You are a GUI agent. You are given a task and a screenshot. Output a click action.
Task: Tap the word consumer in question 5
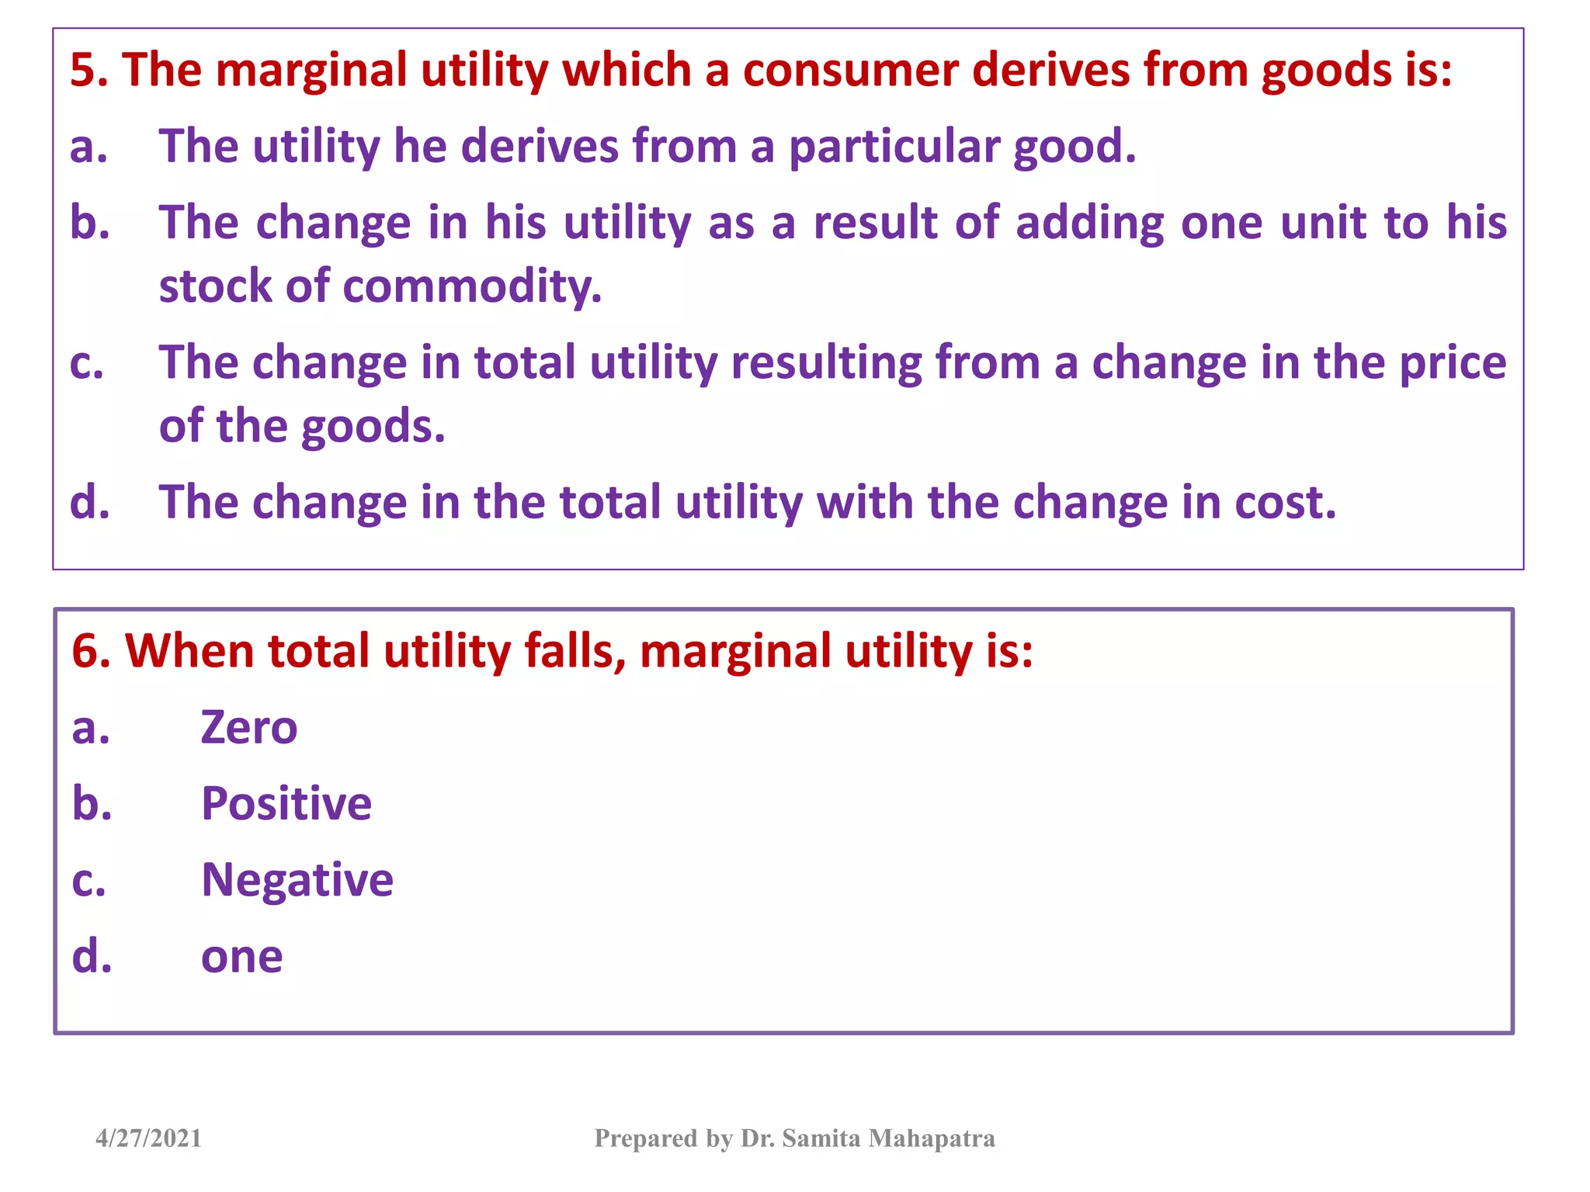point(850,70)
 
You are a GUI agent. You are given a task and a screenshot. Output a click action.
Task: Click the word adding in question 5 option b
point(1090,223)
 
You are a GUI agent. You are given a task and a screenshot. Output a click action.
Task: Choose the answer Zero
point(248,728)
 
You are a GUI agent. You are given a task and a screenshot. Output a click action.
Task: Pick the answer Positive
point(286,804)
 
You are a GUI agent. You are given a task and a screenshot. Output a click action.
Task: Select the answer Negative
point(297,880)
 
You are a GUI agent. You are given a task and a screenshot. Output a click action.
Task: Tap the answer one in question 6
point(241,957)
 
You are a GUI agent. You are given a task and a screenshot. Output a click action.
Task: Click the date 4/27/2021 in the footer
point(148,1138)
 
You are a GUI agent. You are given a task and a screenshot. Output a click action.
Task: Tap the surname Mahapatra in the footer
point(931,1138)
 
